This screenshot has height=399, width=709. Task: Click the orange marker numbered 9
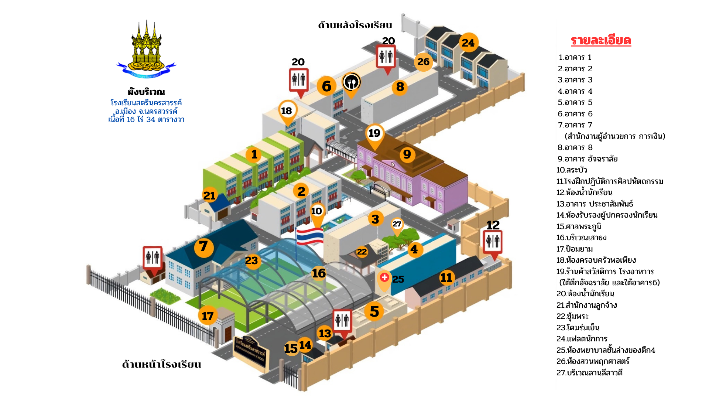click(x=407, y=154)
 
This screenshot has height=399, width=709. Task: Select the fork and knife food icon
click(x=352, y=82)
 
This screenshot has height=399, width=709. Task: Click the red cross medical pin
click(x=384, y=278)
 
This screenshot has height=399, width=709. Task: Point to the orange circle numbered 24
click(x=468, y=43)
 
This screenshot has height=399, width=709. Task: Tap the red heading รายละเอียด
click(x=601, y=40)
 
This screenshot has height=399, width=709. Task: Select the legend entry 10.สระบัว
click(x=572, y=170)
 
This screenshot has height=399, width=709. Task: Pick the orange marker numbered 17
click(x=208, y=316)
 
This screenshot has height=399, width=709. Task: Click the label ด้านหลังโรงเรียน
click(x=355, y=25)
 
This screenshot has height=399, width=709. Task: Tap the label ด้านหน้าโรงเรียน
click(x=161, y=364)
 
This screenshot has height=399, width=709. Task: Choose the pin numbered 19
click(x=374, y=133)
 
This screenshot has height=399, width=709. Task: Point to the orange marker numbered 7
click(x=203, y=247)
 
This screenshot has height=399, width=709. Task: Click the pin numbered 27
click(x=397, y=224)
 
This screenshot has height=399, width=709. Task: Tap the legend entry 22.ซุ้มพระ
click(x=572, y=316)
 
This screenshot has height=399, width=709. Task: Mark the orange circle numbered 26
click(x=424, y=62)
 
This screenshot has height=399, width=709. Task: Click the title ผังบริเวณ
click(x=146, y=92)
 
